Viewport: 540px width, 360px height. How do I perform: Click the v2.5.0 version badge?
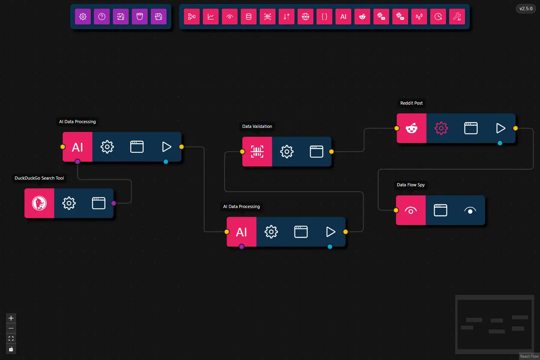tap(525, 9)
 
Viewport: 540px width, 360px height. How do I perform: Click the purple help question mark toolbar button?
tap(102, 17)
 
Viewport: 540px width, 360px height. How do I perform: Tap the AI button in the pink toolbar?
tap(343, 17)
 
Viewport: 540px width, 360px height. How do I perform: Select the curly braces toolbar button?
tap(324, 17)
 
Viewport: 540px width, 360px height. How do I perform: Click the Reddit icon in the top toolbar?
tap(362, 17)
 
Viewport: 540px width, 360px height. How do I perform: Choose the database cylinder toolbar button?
tap(249, 17)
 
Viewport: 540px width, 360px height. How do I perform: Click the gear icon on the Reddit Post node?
tap(441, 128)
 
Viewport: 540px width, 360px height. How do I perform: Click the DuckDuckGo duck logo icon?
tap(39, 203)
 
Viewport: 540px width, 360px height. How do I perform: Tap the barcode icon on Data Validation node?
tap(257, 152)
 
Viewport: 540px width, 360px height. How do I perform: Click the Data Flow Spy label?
tap(411, 185)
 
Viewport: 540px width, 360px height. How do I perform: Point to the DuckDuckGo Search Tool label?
tap(39, 178)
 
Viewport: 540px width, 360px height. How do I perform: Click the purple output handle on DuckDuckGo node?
tap(114, 203)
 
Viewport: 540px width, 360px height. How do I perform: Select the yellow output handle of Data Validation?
tap(331, 152)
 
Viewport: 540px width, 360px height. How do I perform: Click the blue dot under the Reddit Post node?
tap(500, 143)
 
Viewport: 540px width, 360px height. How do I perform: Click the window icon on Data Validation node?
tap(317, 152)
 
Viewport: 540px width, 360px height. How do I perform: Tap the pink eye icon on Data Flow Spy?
tap(411, 210)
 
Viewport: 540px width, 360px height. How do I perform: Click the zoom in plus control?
tap(11, 318)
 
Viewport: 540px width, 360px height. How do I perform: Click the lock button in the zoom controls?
tap(11, 349)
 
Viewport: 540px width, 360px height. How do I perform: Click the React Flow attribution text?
tap(529, 356)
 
